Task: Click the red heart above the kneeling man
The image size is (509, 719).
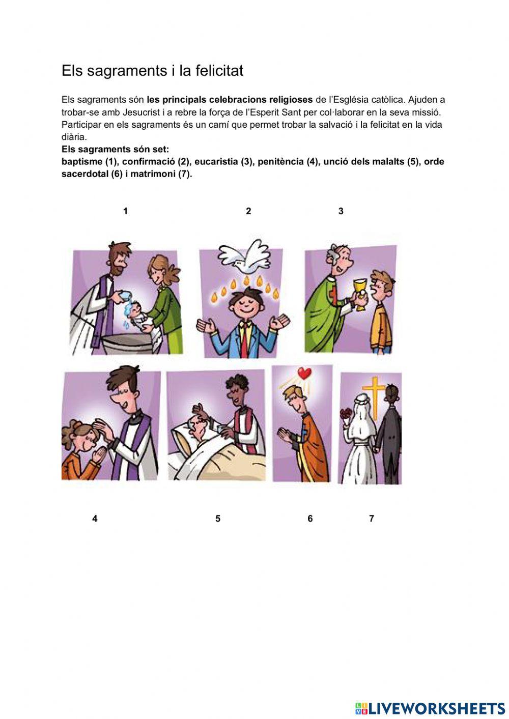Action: [304, 373]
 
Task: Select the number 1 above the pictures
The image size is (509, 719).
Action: [125, 211]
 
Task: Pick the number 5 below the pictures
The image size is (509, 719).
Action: [218, 519]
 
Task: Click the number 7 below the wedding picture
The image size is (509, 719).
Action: [372, 519]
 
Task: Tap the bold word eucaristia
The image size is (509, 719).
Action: [216, 162]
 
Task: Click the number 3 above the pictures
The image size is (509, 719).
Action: [341, 211]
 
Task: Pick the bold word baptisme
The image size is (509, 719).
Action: [82, 162]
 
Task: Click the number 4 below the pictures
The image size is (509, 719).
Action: [95, 519]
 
